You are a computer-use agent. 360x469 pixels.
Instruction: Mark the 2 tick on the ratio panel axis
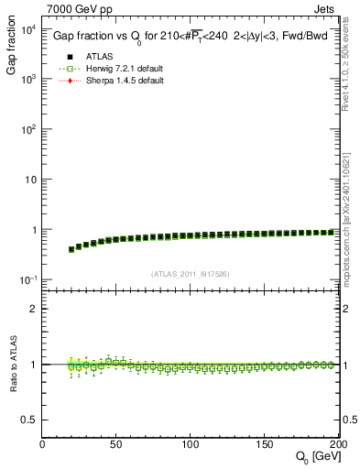click(x=35, y=309)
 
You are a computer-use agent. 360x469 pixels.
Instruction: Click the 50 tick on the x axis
click(x=116, y=443)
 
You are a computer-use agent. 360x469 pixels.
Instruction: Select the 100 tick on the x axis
click(x=191, y=443)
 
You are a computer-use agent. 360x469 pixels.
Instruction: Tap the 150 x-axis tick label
click(x=265, y=443)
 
